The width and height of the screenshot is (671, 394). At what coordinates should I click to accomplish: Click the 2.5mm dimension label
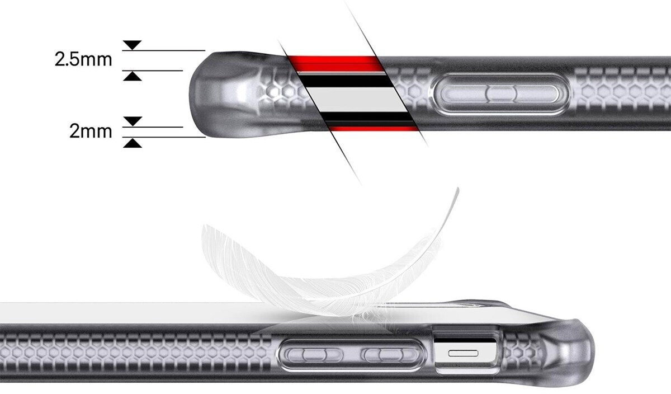click(83, 59)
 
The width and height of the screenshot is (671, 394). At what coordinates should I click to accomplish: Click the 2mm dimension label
click(91, 132)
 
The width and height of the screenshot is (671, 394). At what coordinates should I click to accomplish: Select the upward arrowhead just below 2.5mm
click(133, 76)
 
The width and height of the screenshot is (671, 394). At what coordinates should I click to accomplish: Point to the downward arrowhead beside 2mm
click(133, 121)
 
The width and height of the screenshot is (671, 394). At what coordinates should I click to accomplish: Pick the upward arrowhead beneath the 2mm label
click(133, 143)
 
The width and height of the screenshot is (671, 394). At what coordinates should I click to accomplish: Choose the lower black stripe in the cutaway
click(369, 117)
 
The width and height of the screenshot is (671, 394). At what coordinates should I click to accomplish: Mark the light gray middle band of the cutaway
click(358, 100)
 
